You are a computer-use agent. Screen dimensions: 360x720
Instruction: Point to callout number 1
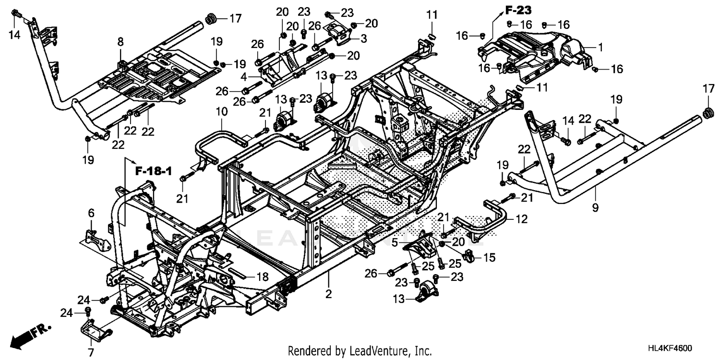point(600,48)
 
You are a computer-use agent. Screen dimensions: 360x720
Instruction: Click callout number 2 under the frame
point(328,294)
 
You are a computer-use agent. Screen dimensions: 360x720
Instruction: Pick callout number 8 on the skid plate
point(120,42)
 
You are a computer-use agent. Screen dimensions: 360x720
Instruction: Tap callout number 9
point(595,208)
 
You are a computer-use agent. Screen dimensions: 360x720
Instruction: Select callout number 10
point(221,112)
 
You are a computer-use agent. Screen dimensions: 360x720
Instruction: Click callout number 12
point(521,219)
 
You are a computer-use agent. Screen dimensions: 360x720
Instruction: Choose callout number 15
point(489,258)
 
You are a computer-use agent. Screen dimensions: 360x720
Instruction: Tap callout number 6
point(91,212)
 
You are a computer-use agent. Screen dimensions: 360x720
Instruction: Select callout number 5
point(395,243)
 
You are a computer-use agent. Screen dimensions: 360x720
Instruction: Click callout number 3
point(364,38)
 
